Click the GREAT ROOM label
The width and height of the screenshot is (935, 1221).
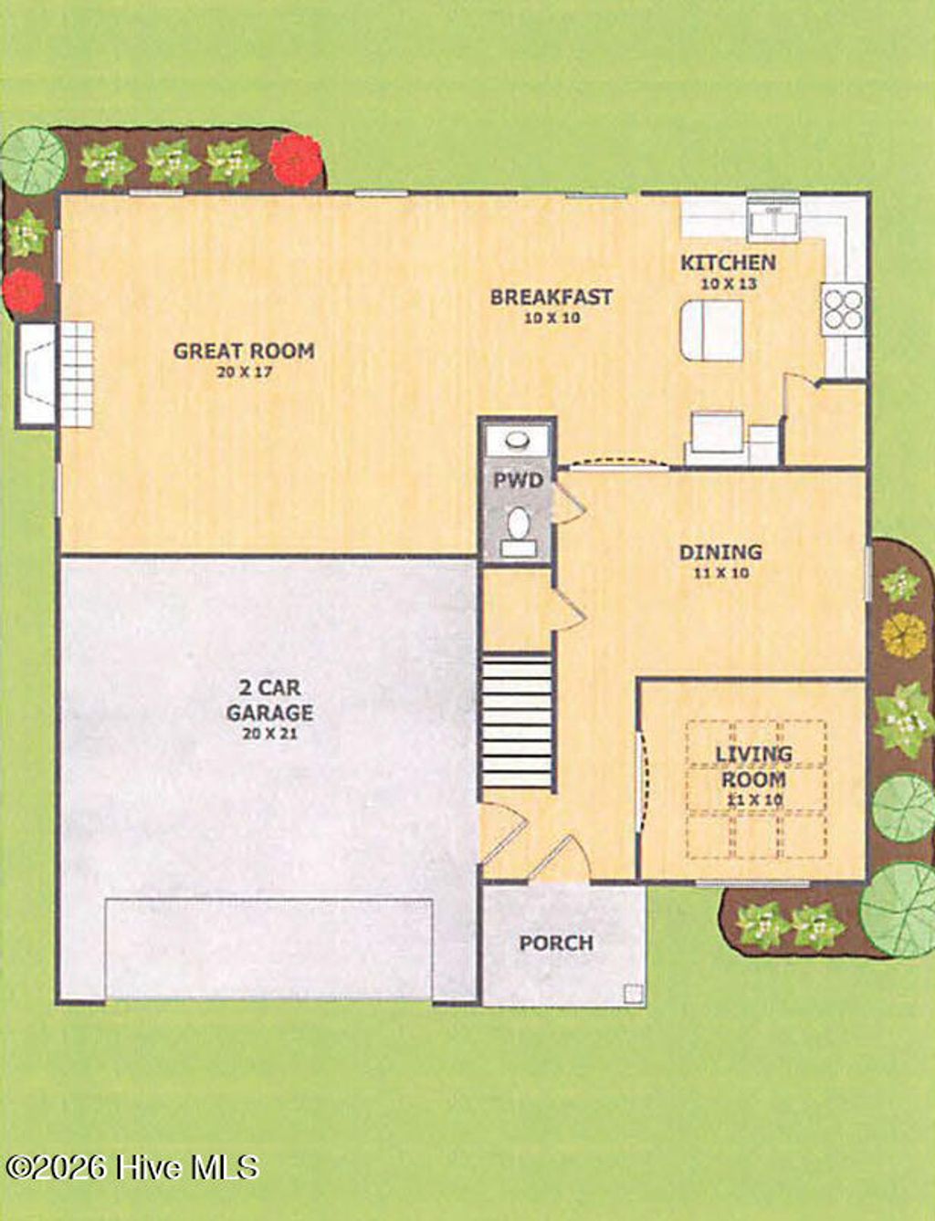(244, 350)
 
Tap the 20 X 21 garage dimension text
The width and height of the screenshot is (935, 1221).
(270, 734)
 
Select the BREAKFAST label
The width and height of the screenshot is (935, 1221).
(551, 297)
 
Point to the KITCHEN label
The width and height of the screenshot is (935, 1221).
(728, 263)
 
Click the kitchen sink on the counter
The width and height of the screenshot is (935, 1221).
(772, 219)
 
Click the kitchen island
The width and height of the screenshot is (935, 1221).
(711, 330)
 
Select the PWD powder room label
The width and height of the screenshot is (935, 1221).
(518, 481)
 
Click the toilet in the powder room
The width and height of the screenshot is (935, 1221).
(518, 527)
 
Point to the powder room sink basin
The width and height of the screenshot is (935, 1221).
(518, 440)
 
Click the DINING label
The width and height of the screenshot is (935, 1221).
(720, 552)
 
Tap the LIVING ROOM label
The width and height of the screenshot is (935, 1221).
(752, 767)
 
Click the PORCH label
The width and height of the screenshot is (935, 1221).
(556, 943)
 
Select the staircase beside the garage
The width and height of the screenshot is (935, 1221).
(517, 721)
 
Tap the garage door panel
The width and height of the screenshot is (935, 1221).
(268, 949)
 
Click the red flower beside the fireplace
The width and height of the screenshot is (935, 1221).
(23, 291)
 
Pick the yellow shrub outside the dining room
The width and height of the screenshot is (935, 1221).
(903, 635)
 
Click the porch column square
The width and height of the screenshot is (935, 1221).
(632, 994)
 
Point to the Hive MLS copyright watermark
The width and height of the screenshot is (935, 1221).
(132, 1166)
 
